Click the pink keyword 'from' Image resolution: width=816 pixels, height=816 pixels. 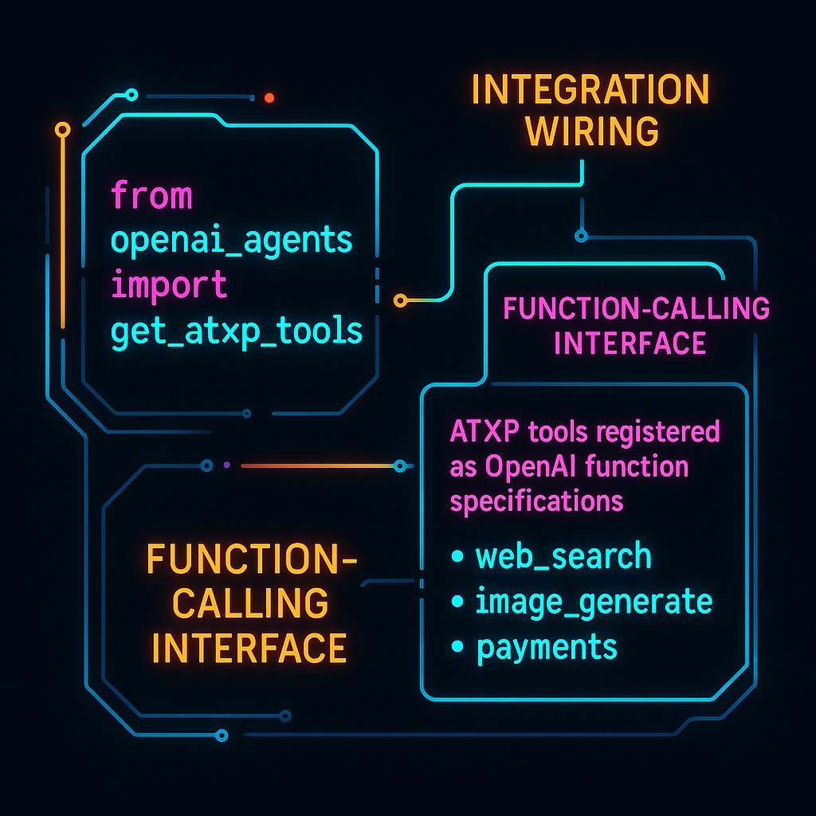point(151,195)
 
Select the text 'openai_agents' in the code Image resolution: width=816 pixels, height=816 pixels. point(232,241)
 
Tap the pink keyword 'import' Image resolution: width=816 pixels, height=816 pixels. point(169,285)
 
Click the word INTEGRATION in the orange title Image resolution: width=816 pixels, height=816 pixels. point(590,90)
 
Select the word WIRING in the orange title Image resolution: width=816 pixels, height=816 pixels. point(592,131)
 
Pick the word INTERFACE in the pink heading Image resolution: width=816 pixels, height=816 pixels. point(630,343)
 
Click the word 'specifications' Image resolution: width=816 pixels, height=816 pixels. point(536,502)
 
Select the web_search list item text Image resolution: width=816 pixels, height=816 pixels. point(563,556)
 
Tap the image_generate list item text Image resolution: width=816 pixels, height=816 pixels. point(593,602)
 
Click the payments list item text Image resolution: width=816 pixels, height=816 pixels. point(547,647)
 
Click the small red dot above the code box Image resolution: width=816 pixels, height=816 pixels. point(269,98)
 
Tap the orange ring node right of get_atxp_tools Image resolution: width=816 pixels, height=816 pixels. point(400,300)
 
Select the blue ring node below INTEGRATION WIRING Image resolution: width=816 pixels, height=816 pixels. point(582,236)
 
